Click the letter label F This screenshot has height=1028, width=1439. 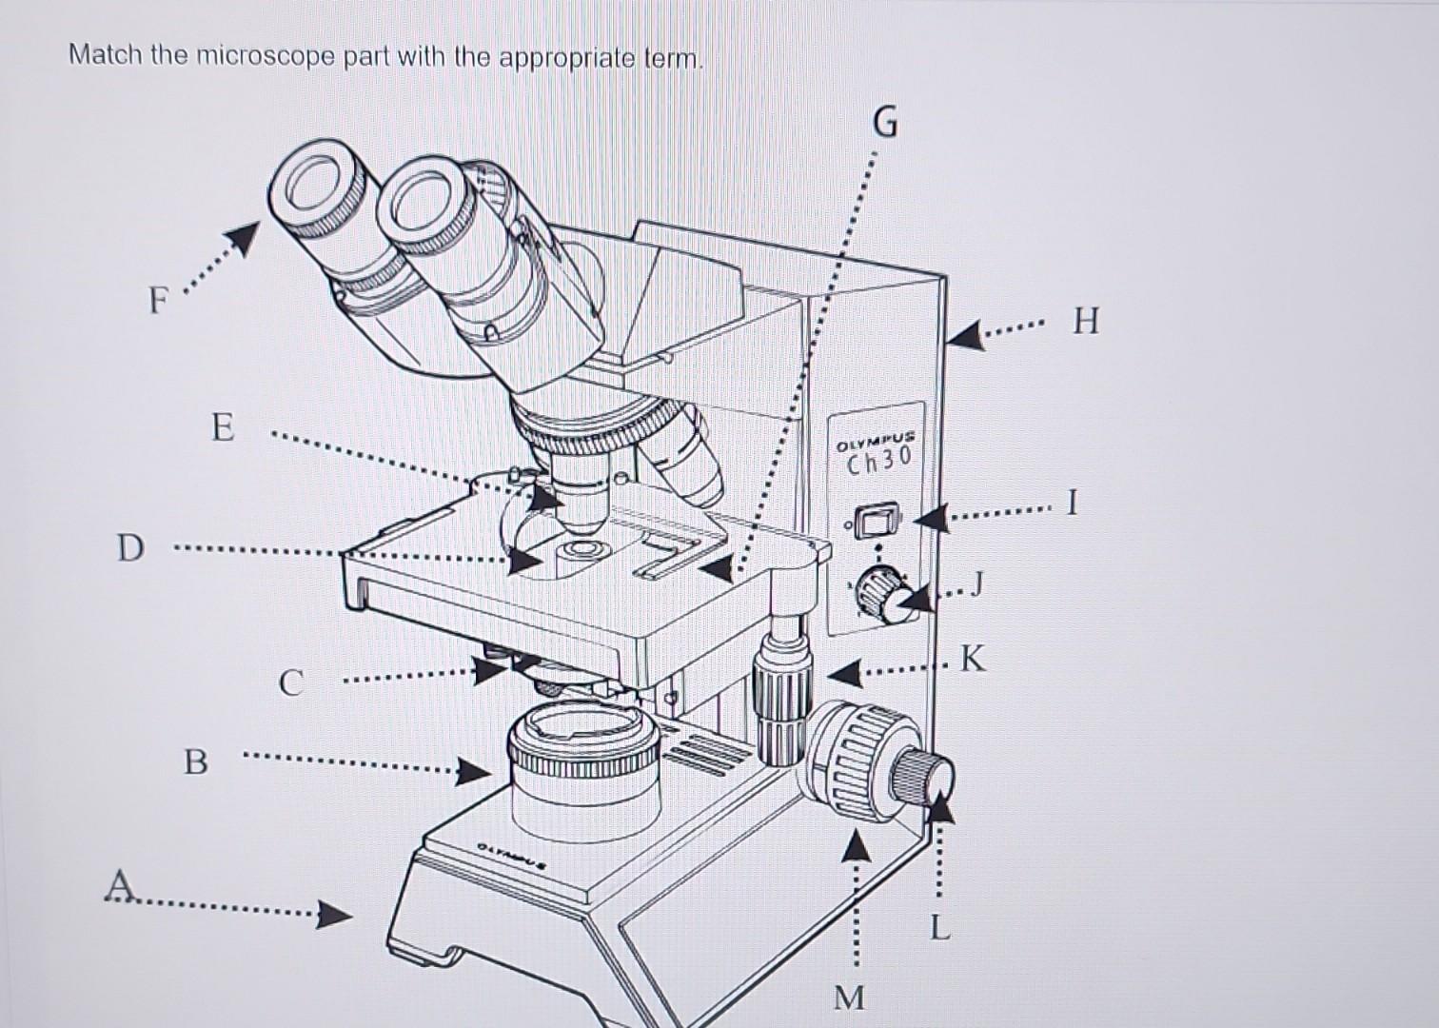coord(158,302)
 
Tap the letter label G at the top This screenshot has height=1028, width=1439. coord(884,123)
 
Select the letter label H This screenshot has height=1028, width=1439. coord(1085,322)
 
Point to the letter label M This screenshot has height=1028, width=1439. coord(849,998)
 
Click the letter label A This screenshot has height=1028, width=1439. coord(119,884)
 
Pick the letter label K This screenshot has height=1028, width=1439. coord(973,658)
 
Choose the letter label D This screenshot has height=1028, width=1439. coord(130,548)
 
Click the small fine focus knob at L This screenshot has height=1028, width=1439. coord(925,774)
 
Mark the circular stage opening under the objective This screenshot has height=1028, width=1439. coord(582,550)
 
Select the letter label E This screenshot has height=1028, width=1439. coord(221,427)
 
